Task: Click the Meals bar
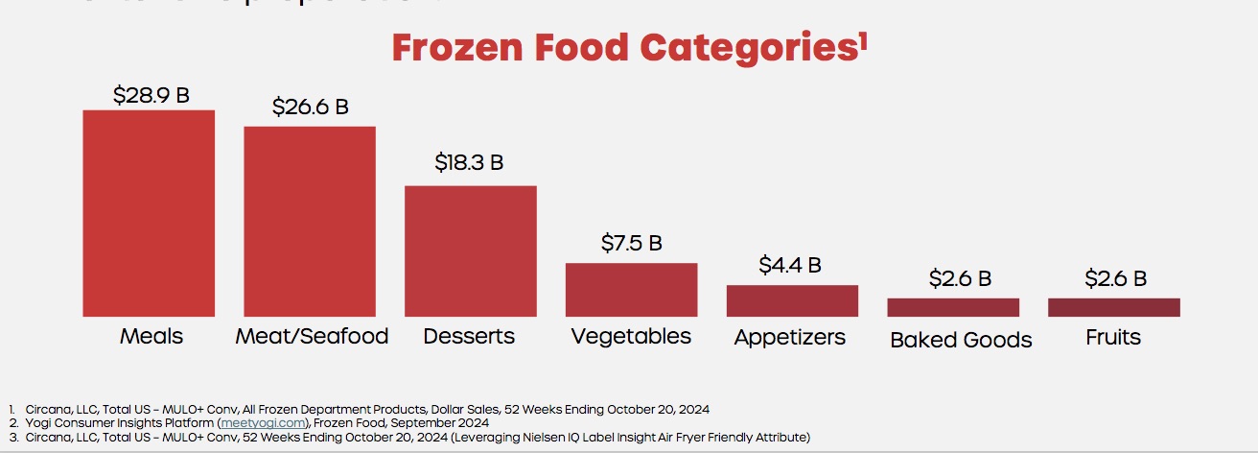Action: tap(149, 213)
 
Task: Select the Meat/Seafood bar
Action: tap(310, 221)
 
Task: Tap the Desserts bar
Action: tap(470, 250)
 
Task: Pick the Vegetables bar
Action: tap(631, 289)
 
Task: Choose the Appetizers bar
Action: tap(792, 300)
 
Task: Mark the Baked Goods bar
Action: tap(953, 307)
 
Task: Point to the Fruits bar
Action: tap(1113, 307)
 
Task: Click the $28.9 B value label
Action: tap(151, 95)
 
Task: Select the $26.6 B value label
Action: tap(311, 107)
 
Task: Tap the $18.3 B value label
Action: tap(469, 162)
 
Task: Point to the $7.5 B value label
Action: tap(632, 243)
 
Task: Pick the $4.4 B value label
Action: tap(790, 264)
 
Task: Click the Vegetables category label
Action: tap(631, 336)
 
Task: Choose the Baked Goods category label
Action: tap(961, 340)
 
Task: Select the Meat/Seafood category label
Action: tap(313, 336)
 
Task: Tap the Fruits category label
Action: tap(1113, 337)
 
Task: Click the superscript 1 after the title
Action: tap(864, 39)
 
